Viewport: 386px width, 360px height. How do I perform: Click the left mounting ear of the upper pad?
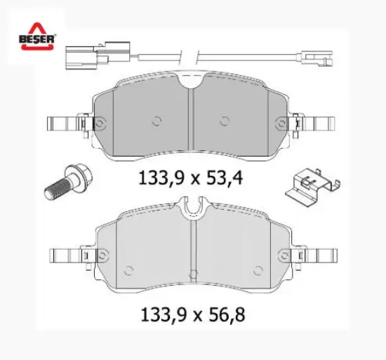(65, 125)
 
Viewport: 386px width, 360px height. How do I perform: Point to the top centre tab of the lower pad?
(191, 206)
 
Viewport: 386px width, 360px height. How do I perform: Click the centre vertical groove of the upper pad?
(191, 123)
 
